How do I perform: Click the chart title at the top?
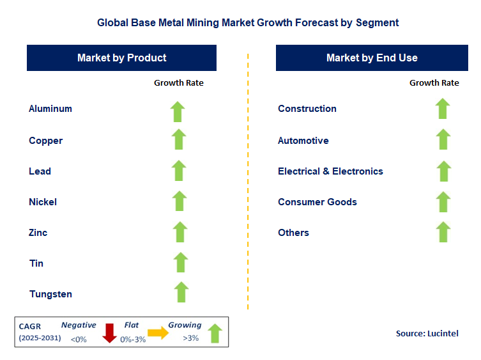pos(248,22)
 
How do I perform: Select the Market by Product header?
pos(121,58)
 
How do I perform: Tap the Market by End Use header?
pos(372,58)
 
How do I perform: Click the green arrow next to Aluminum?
pos(178,111)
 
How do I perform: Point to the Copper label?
pos(45,141)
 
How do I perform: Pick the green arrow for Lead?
pos(179,171)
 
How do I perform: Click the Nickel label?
pos(43,202)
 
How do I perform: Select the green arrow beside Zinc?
pos(180,232)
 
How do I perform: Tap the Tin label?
pos(36,263)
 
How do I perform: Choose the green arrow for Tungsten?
pos(181,292)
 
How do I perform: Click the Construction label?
pos(307,109)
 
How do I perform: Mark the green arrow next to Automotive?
pos(443,139)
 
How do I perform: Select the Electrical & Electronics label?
pos(330,171)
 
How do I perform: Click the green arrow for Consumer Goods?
pos(443,201)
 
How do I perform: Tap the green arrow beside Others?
pos(443,231)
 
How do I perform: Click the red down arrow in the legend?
pos(109,333)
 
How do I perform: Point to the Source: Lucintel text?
pos(427,333)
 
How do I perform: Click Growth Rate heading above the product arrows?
pos(179,82)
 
